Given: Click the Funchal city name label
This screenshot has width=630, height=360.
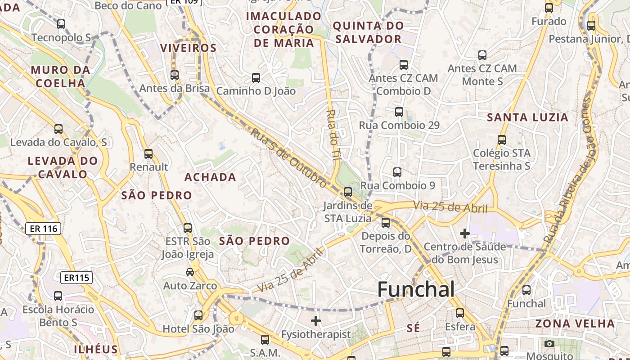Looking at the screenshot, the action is pyautogui.click(x=416, y=289).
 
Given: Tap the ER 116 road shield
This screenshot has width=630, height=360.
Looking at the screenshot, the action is pyautogui.click(x=43, y=229).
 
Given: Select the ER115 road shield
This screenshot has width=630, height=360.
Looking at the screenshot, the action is pyautogui.click(x=76, y=278).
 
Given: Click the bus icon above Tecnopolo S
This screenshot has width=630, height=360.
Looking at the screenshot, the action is pyautogui.click(x=61, y=24).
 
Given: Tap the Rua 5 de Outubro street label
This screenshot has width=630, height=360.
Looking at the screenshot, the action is pyautogui.click(x=288, y=158).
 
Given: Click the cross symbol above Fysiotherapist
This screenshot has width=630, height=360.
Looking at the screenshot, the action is pyautogui.click(x=316, y=321).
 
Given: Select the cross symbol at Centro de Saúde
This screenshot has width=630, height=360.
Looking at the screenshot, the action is pyautogui.click(x=465, y=234).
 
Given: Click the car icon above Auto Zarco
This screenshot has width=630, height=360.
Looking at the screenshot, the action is pyautogui.click(x=190, y=272).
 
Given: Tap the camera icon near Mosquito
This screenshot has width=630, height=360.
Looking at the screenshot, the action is pyautogui.click(x=549, y=344).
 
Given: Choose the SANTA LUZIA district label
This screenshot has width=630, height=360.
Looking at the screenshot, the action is pyautogui.click(x=528, y=117).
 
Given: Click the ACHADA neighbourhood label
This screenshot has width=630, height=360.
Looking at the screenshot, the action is pyautogui.click(x=210, y=177).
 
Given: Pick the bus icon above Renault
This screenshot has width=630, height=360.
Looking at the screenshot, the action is pyautogui.click(x=148, y=154).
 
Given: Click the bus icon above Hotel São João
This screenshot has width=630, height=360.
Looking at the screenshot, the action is pyautogui.click(x=198, y=315).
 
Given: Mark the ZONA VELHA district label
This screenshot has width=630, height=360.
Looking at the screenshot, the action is pyautogui.click(x=575, y=324).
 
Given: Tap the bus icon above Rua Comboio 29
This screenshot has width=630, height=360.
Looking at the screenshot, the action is pyautogui.click(x=399, y=112).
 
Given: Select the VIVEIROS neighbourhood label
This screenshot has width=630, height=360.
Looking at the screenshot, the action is pyautogui.click(x=189, y=48).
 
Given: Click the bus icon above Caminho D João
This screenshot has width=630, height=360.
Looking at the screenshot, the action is pyautogui.click(x=256, y=78).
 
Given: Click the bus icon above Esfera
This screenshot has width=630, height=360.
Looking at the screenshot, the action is pyautogui.click(x=460, y=313).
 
